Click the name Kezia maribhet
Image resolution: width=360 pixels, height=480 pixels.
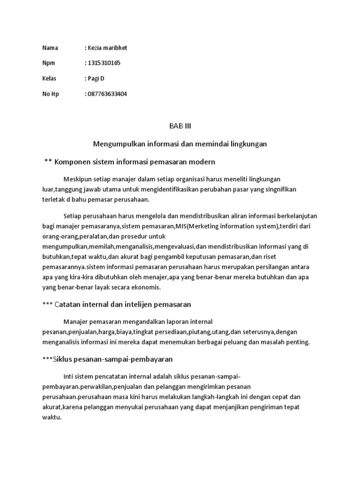[x=108, y=48]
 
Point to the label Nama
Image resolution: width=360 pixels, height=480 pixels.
[x=50, y=48]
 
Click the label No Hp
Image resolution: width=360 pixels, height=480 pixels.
[x=51, y=94]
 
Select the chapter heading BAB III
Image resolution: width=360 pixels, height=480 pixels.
[x=180, y=126]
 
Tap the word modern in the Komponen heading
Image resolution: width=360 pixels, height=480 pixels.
[x=202, y=162]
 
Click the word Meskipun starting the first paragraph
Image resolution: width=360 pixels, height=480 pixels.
[x=77, y=179]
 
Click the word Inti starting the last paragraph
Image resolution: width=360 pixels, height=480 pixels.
[x=68, y=376]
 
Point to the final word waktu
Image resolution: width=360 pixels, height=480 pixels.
[x=52, y=417]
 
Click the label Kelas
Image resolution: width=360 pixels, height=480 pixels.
[x=50, y=78]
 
